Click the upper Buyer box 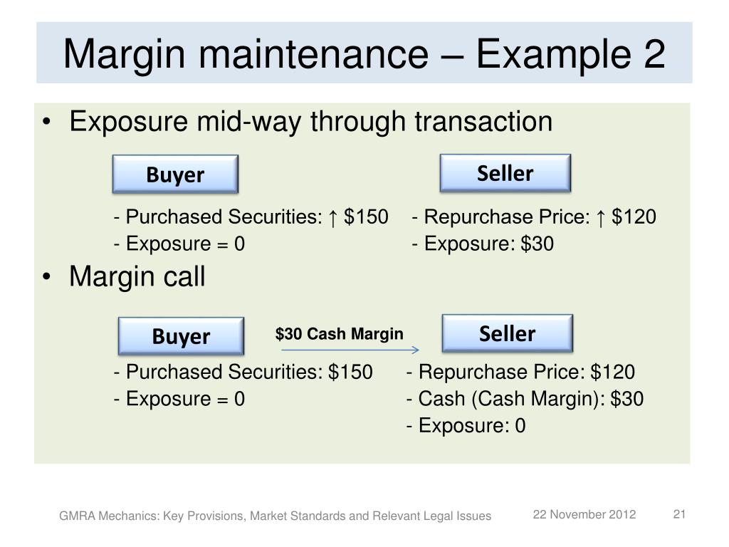click(175, 174)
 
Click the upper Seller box click(505, 173)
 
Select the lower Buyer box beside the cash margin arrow click(181, 336)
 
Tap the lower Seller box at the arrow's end click(507, 333)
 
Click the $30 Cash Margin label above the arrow click(340, 334)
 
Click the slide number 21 click(678, 514)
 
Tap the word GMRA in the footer click(75, 516)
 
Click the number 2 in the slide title click(653, 54)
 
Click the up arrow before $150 click(333, 217)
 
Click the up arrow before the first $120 click(602, 217)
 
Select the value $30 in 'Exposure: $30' click(537, 244)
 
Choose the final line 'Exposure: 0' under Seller click(466, 426)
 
